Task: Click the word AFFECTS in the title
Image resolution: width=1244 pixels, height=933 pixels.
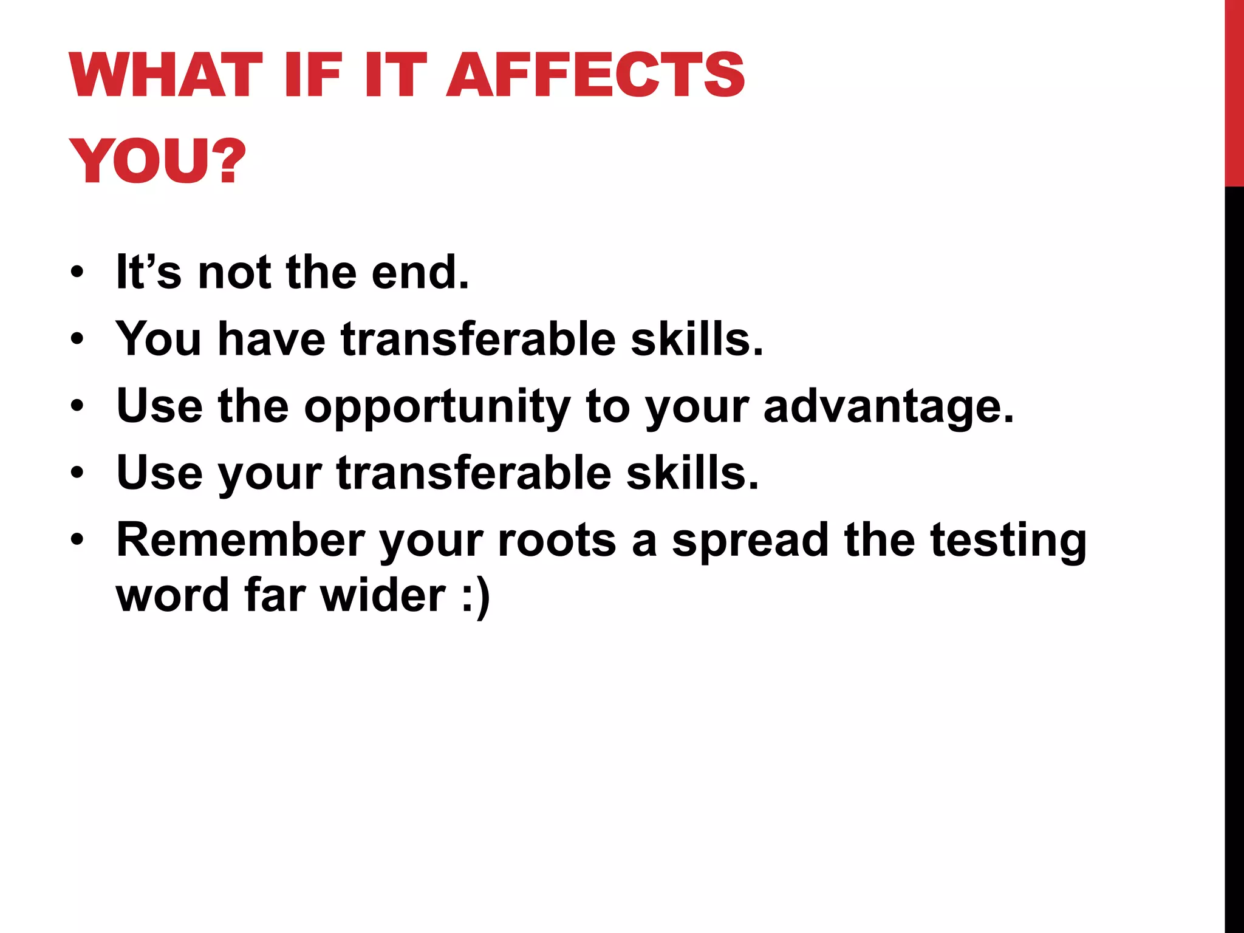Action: point(595,75)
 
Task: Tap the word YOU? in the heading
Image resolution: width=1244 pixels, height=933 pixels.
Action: point(157,162)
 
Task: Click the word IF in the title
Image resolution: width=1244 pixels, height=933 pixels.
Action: point(313,75)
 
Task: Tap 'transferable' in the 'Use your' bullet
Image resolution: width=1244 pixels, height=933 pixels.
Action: point(473,473)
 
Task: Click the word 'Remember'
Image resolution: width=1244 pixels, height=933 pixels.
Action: point(239,540)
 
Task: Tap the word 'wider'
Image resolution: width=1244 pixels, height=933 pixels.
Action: point(383,595)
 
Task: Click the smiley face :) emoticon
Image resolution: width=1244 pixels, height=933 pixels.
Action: point(476,598)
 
